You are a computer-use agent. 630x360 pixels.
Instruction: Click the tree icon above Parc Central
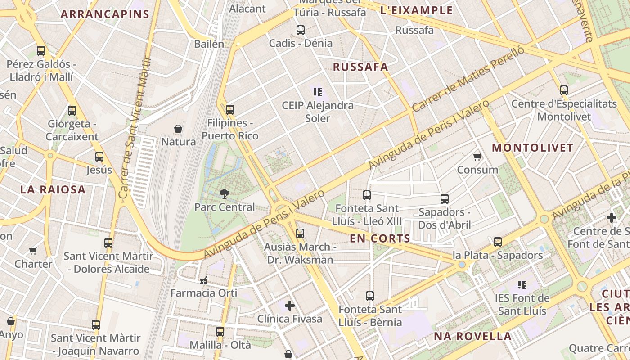pos(224,194)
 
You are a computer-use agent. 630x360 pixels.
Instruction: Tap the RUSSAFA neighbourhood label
pos(360,67)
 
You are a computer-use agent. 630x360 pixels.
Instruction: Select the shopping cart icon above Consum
pos(477,157)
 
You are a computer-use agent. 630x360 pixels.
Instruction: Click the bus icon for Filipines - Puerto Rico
pos(230,109)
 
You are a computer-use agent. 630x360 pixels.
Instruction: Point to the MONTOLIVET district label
pos(532,148)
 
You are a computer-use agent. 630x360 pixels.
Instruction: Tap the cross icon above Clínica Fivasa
pos(290,306)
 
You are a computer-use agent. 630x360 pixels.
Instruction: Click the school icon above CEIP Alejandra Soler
pos(318,92)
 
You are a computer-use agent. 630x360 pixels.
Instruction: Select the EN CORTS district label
pos(380,238)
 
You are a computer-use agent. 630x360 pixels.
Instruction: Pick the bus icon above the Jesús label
pos(99,157)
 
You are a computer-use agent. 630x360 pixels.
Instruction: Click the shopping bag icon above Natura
pos(178,129)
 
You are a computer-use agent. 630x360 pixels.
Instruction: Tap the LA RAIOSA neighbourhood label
pos(53,189)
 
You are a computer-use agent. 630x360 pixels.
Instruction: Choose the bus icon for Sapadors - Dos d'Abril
pos(445,198)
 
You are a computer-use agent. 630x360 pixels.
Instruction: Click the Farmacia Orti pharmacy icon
pos(204,280)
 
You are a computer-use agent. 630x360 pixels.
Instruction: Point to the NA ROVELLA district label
pos(472,336)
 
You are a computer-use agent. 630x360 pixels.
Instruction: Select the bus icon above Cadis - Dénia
pos(301,30)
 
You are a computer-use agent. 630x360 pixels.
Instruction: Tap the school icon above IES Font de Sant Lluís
pos(522,285)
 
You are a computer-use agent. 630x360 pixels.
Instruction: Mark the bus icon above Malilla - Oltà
pos(220,332)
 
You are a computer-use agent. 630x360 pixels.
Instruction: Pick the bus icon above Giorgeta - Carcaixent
pos(72,110)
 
